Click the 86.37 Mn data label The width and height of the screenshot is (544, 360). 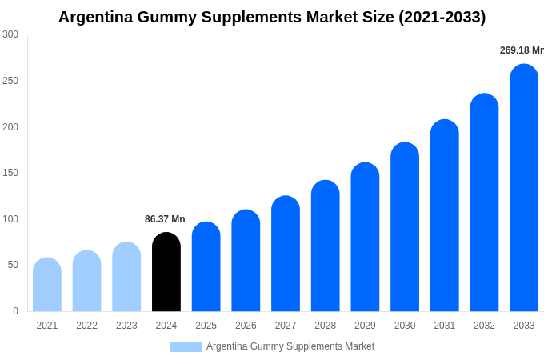coord(165,219)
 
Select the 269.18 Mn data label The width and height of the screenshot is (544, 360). coord(522,50)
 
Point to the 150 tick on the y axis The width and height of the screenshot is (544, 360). coord(10,173)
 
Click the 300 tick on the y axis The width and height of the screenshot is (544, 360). coord(10,34)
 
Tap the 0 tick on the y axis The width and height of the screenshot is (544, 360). coord(15,311)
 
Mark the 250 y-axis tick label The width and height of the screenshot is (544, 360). coord(10,81)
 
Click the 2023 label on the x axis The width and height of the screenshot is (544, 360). coord(126,326)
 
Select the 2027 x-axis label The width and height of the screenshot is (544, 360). coord(286,326)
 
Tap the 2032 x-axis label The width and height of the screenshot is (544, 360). coord(484,326)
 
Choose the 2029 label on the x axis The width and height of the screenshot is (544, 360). coord(365,326)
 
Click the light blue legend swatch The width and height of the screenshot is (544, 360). coord(186,347)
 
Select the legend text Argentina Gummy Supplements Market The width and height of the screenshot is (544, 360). coord(290,346)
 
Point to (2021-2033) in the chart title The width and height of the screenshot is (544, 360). coord(442,17)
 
